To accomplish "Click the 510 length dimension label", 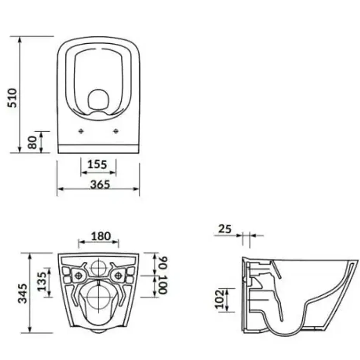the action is pos(12,98).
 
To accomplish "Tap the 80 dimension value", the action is pos(32,142).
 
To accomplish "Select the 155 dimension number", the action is pos(97,165).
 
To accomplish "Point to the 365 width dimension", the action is pos(100,184).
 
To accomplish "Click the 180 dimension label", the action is pos(101,236).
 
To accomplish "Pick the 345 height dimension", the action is pos(22,294).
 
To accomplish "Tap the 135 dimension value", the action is pos(42,281).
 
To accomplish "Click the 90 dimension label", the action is pos(163,263).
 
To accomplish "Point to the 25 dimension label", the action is pos(225,229).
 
